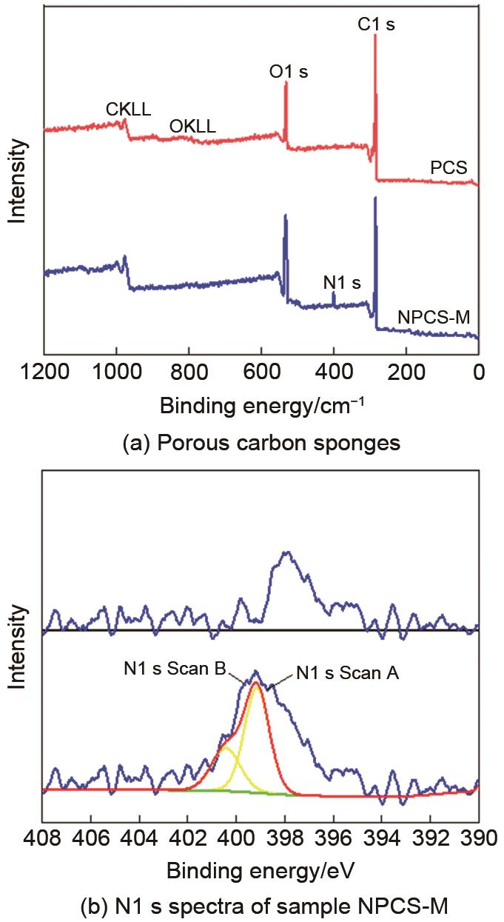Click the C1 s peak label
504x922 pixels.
coord(376,25)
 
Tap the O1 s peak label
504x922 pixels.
coord(289,72)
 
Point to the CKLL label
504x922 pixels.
coord(128,110)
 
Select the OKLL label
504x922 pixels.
coord(192,127)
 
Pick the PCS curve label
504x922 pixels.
coord(449,168)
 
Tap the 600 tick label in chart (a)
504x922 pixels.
coord(261,371)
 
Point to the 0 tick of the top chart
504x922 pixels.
coord(478,371)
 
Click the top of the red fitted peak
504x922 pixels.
coord(256,683)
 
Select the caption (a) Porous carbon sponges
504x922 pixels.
coord(261,444)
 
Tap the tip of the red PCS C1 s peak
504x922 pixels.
coord(375,37)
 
